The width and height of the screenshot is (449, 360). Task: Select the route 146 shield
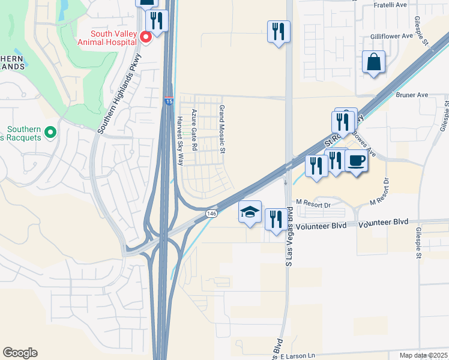point(211,213)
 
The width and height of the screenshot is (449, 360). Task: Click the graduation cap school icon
point(250,212)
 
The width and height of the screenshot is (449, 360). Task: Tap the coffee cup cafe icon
point(357,161)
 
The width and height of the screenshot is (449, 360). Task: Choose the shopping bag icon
point(373,62)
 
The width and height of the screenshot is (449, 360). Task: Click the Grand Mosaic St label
point(221,130)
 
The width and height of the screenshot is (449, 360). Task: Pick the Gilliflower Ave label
point(391,36)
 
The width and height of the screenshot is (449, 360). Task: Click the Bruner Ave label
point(411,95)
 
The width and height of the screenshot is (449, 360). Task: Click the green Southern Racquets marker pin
point(50,131)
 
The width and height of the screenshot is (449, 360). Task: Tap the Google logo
point(20,353)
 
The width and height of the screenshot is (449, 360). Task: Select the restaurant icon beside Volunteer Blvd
point(276,219)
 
